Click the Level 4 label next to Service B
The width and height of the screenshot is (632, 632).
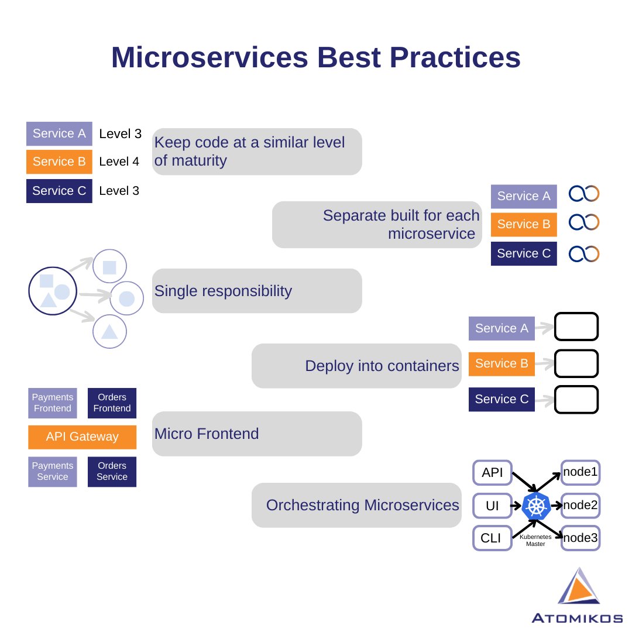119,162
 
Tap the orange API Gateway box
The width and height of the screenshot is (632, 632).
82,437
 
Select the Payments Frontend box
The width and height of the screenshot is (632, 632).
53,403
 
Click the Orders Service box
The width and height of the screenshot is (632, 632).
112,472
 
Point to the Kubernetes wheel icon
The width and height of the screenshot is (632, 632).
536,506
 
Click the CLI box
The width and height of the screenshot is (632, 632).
492,538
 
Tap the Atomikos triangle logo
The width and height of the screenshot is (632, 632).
578,588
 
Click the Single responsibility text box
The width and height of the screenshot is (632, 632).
257,291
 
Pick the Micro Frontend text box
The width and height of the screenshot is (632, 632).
257,434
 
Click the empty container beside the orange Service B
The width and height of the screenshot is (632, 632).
576,363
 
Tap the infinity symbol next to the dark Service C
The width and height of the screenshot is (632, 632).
584,254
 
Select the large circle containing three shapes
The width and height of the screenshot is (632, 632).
53,290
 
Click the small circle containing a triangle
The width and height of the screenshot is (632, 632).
109,331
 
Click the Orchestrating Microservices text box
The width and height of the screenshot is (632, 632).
356,505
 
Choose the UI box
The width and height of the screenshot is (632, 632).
492,506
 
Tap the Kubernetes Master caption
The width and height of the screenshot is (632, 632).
535,540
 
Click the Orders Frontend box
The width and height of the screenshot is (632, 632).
112,403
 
